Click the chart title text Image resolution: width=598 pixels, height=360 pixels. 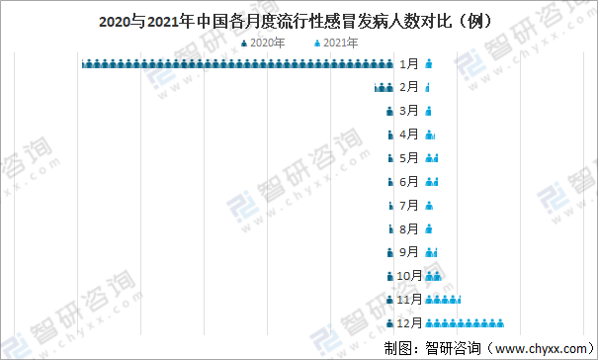coord(298,20)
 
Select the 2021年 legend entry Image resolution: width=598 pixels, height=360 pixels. coord(335,43)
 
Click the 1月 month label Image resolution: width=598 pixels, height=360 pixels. coord(409,64)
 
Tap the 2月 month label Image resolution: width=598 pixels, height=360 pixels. coord(409,88)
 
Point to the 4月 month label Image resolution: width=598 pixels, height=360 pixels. coord(409,135)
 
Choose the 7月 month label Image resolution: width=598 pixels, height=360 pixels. coord(409,206)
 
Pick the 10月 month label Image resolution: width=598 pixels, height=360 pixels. coord(409,276)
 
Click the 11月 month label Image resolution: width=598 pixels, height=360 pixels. coord(409,300)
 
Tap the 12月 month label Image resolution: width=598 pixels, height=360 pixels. coord(409,323)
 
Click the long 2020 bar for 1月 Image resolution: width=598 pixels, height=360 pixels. coord(238,64)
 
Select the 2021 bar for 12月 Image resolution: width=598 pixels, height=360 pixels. coord(466,323)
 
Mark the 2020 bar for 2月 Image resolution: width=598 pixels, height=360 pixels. coord(384,88)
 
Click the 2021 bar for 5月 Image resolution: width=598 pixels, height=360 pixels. coord(431,158)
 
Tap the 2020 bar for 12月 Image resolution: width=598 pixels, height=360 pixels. coord(389,323)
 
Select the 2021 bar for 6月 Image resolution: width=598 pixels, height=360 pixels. coord(431,182)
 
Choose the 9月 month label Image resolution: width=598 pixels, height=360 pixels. coord(409,252)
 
